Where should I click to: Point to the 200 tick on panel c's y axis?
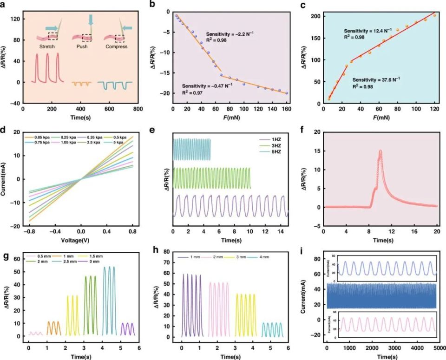(x=316, y=16)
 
